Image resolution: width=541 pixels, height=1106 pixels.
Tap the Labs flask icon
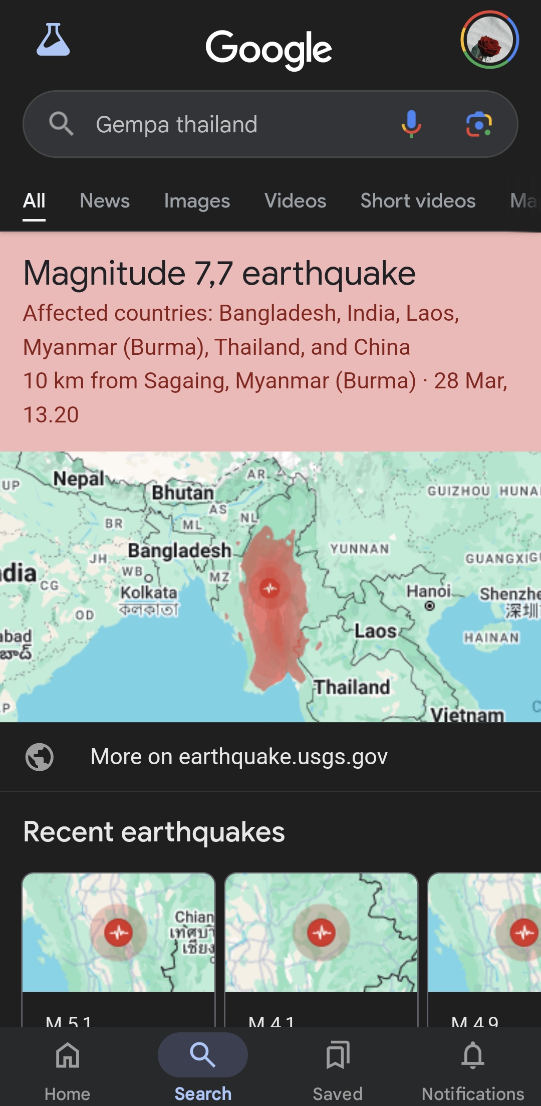point(53,40)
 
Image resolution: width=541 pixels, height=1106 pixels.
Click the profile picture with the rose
point(489,40)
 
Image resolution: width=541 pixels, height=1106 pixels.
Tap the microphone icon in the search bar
point(411,124)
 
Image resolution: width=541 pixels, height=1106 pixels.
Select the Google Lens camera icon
point(479,124)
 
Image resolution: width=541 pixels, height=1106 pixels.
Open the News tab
point(105,201)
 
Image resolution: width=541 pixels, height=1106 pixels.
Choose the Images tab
point(197,201)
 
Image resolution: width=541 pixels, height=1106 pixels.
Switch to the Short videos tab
point(418,201)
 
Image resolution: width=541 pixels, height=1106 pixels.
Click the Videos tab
point(295,201)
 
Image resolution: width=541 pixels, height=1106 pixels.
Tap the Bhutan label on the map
point(183,493)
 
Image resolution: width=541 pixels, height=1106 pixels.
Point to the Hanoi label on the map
point(429,592)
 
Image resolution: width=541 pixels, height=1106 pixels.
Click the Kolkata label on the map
point(149,593)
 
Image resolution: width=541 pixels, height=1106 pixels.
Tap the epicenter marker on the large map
point(270,588)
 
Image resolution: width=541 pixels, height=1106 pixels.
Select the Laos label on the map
point(376,631)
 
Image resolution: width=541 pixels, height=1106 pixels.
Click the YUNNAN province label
point(359,549)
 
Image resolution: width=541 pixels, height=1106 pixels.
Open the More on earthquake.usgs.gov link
point(239,757)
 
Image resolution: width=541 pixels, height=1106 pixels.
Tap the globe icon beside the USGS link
point(40,757)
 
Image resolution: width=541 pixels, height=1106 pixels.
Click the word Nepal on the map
point(79,479)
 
